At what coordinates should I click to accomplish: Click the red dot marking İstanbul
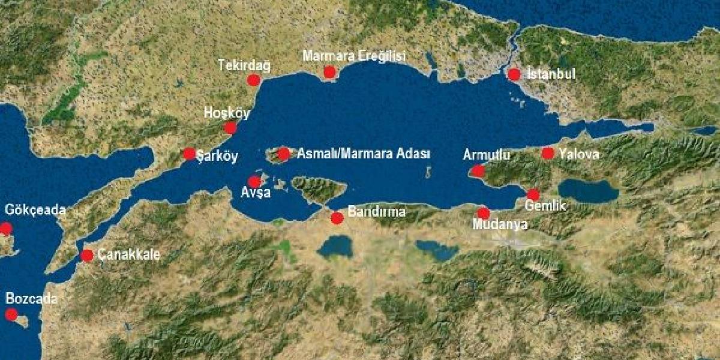tap(514, 74)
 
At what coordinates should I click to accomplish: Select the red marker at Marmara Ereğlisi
tap(329, 73)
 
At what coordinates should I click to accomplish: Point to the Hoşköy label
tap(227, 113)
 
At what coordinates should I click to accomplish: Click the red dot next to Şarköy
tap(189, 154)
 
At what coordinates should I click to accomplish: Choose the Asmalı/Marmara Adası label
tap(364, 154)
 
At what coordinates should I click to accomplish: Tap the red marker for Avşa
tap(254, 181)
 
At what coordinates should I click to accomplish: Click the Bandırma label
tap(377, 212)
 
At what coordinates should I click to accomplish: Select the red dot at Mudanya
tap(484, 213)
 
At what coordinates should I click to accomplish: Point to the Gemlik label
tap(545, 206)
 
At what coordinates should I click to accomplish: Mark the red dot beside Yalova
tap(548, 153)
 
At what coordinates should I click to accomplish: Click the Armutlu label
tap(487, 155)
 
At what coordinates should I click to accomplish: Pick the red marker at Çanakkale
tap(87, 256)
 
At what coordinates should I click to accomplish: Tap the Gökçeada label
tap(35, 210)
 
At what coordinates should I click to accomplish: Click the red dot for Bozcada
tap(11, 314)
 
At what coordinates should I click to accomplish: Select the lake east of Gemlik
tap(588, 191)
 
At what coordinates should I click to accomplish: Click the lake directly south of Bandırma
tap(335, 246)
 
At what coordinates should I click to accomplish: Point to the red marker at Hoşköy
tap(230, 128)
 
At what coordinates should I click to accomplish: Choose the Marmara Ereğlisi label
tap(354, 56)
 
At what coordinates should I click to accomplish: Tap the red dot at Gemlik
tap(533, 194)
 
